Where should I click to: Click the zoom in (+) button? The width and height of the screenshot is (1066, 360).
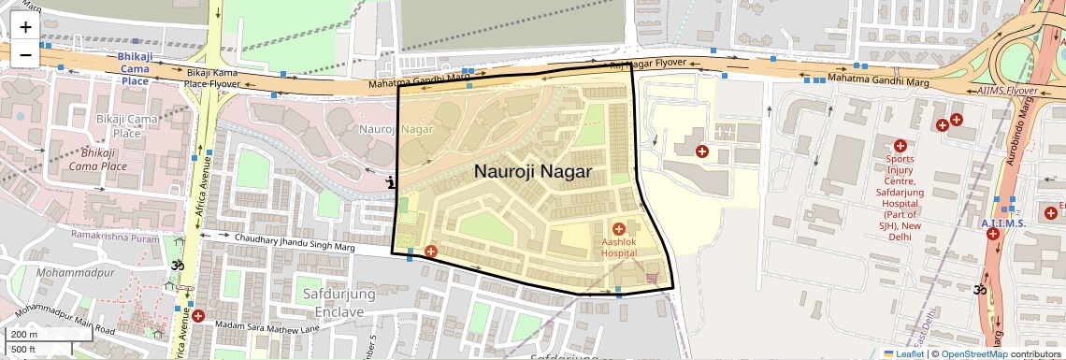(25, 27)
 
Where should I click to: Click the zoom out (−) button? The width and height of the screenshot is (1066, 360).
(25, 54)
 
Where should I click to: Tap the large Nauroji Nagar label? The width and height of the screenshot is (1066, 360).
(533, 171)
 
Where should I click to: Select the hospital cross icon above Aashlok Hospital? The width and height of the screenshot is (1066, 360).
(618, 229)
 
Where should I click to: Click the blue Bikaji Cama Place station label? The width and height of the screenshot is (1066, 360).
(135, 68)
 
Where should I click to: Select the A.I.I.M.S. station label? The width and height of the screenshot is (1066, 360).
(1004, 223)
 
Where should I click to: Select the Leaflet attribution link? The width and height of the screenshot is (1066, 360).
(903, 353)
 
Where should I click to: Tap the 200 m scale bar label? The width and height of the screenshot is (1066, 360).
(24, 334)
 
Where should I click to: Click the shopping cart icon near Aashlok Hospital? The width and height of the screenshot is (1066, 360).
(652, 276)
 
